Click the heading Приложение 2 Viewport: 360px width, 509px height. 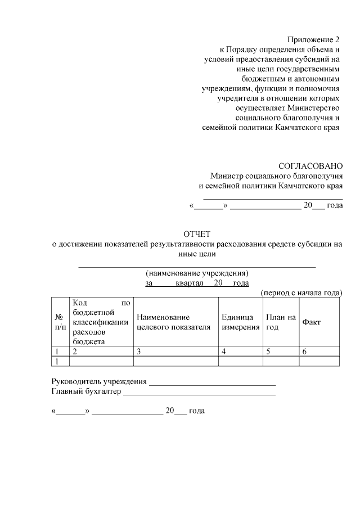pos(314,40)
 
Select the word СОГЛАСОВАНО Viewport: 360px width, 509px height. pos(310,166)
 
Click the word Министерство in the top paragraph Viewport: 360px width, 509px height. pos(313,107)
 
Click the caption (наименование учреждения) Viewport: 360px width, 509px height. pos(197,273)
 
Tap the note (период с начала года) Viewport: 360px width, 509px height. pos(301,292)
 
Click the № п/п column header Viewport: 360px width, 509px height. pos(58,321)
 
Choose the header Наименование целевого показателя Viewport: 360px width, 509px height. pos(173,321)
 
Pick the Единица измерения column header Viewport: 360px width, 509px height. pos(240,321)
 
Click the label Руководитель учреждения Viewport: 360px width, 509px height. pos(99,382)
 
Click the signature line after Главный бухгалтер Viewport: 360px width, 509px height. pos(199,393)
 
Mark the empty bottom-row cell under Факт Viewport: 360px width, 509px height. pos(319,361)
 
